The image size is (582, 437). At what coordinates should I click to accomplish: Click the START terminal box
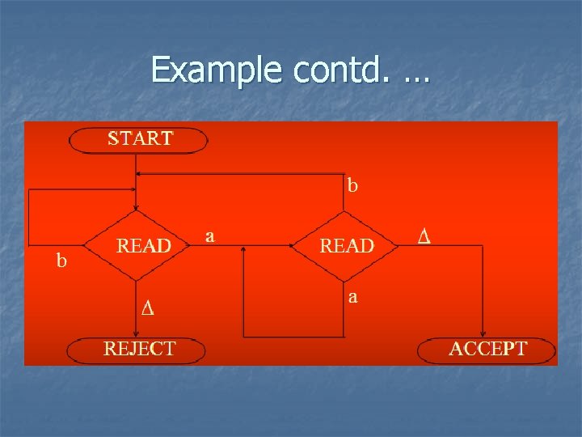click(139, 139)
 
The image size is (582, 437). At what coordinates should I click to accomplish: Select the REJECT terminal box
click(137, 350)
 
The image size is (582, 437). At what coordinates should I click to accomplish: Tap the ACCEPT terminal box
click(487, 350)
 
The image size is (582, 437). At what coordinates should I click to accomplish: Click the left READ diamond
click(137, 245)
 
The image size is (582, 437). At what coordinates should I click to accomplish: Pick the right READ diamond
click(345, 245)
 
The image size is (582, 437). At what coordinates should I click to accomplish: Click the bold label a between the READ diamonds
click(210, 236)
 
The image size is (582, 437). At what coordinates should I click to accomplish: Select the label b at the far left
click(61, 261)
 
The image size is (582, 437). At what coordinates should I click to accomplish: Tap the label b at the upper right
click(352, 185)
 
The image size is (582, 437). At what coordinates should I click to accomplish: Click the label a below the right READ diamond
click(352, 297)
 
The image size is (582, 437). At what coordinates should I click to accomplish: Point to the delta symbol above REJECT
click(147, 308)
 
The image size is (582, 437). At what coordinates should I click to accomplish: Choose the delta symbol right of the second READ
click(424, 236)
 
